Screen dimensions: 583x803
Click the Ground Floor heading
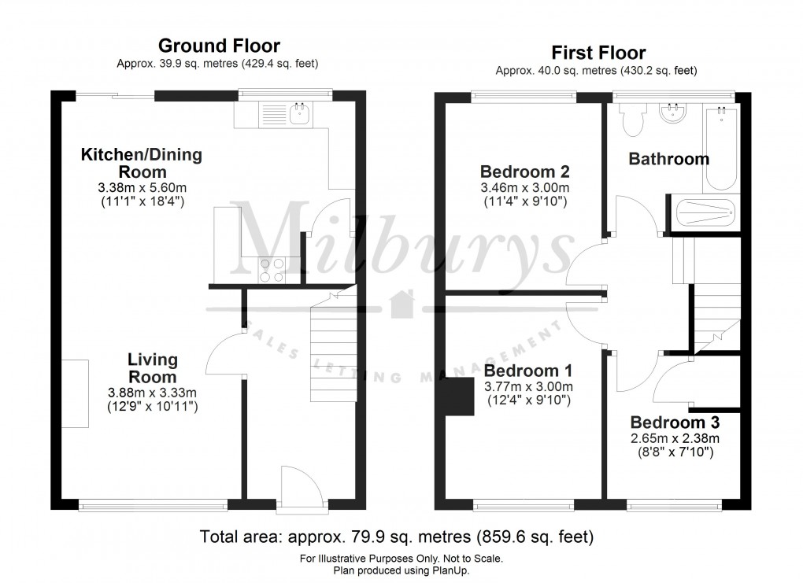tap(219, 46)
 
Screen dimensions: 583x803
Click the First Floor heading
tap(598, 53)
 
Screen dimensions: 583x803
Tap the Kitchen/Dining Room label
tap(142, 163)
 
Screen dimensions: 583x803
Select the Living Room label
tap(153, 368)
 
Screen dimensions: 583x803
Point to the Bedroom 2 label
tap(525, 171)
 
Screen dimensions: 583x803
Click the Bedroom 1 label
tap(527, 371)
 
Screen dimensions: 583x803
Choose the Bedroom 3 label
tap(675, 420)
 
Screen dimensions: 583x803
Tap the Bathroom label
tap(668, 158)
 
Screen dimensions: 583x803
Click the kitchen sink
tap(300, 115)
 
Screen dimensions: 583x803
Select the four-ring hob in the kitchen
tap(272, 270)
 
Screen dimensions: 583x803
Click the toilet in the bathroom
tap(631, 120)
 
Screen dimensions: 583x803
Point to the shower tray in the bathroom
tap(703, 214)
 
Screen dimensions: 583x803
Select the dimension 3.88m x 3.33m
tap(152, 393)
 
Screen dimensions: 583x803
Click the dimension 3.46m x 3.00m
tap(526, 188)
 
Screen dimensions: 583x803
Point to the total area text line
tap(397, 538)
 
